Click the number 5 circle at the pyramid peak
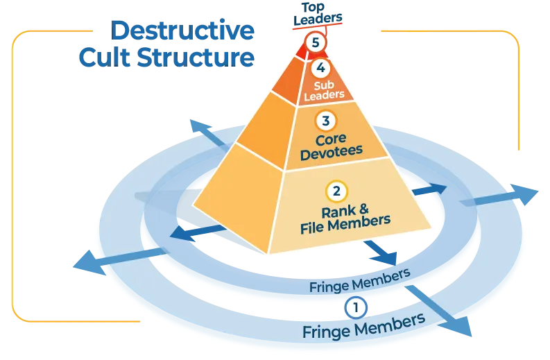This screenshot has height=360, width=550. click(316, 43)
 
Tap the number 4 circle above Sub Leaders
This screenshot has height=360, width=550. click(320, 69)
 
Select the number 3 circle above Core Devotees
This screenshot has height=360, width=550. click(325, 121)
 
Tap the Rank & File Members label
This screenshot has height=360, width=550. click(353, 214)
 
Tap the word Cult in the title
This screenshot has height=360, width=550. click(105, 58)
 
